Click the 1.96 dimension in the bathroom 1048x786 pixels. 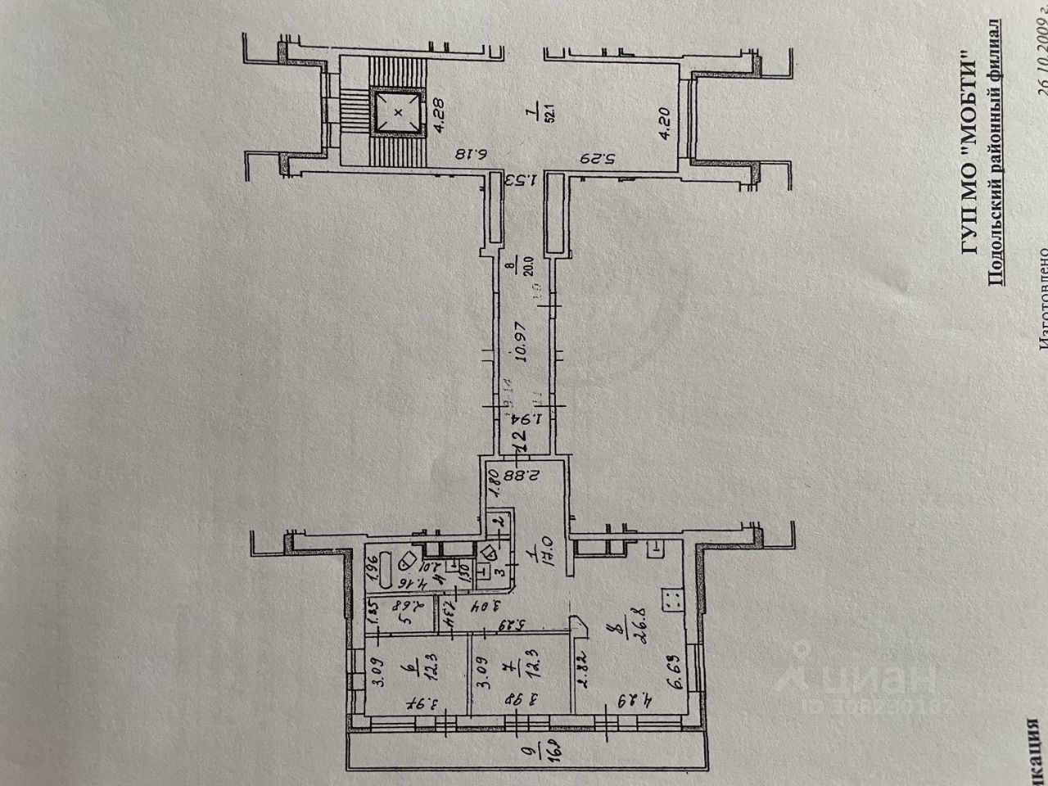[x=368, y=565]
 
